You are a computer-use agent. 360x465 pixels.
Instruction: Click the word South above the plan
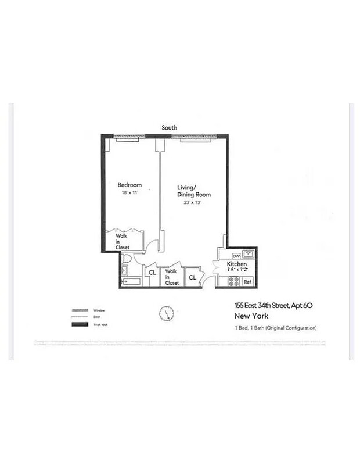[x=170, y=127]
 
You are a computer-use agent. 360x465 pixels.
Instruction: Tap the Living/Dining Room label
[x=193, y=191]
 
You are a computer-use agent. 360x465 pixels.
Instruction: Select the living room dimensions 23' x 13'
[x=193, y=203]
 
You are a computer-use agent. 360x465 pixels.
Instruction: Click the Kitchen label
[x=237, y=263]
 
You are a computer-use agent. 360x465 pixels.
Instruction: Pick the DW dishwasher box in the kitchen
[x=236, y=255]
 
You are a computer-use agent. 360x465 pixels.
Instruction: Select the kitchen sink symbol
[x=249, y=254]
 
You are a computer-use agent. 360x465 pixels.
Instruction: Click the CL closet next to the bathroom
[x=152, y=272]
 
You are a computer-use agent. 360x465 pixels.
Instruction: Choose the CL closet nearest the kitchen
[x=192, y=278]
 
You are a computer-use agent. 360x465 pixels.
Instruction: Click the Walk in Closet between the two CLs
[x=171, y=277]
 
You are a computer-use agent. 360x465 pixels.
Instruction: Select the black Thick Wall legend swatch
[x=81, y=324]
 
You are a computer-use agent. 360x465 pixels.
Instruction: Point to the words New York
[x=251, y=317]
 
